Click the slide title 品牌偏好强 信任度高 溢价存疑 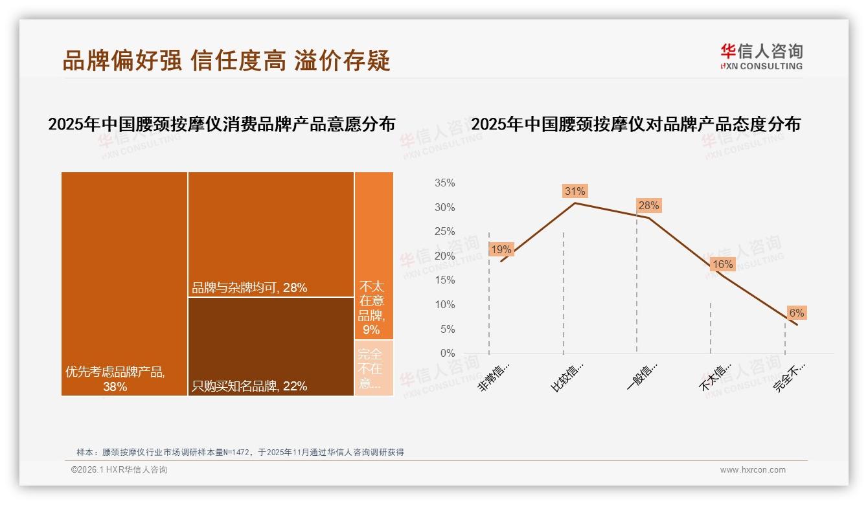pyautogui.click(x=226, y=60)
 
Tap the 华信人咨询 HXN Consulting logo pyautogui.click(x=761, y=56)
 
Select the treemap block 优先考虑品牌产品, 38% pyautogui.click(x=124, y=283)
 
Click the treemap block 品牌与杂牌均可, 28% pyautogui.click(x=271, y=234)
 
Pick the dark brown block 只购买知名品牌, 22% pyautogui.click(x=271, y=346)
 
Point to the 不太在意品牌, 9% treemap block pyautogui.click(x=374, y=255)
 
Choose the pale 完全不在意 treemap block pyautogui.click(x=374, y=368)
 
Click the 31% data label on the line pyautogui.click(x=575, y=191)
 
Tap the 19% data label pyautogui.click(x=501, y=249)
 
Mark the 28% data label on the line pyautogui.click(x=648, y=206)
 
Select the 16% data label pyautogui.click(x=722, y=264)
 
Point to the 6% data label pyautogui.click(x=796, y=313)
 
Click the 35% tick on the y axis pyautogui.click(x=444, y=183)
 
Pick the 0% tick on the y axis pyautogui.click(x=447, y=353)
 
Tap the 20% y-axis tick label pyautogui.click(x=444, y=256)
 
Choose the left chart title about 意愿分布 pyautogui.click(x=222, y=124)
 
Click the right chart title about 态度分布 pyautogui.click(x=635, y=124)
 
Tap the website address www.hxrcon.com pyautogui.click(x=753, y=470)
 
